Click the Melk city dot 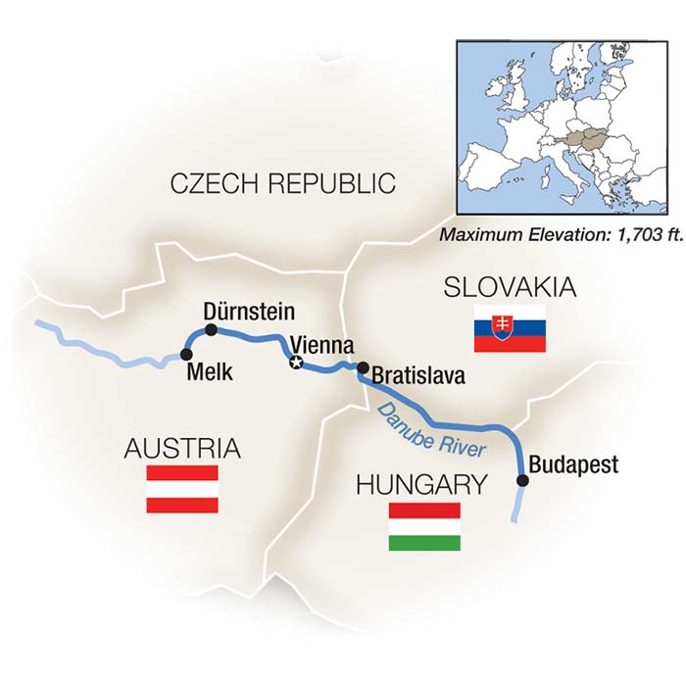(x=186, y=354)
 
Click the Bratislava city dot (x=362, y=368)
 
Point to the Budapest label (x=573, y=464)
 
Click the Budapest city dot (x=522, y=480)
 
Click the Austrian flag (x=182, y=489)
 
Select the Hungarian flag (x=424, y=526)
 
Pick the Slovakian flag (x=510, y=328)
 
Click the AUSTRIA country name (x=182, y=450)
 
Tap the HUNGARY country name (x=421, y=484)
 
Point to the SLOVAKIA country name (x=509, y=288)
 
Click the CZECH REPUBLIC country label (x=282, y=183)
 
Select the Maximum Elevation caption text (x=554, y=235)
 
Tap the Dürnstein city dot (x=210, y=328)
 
